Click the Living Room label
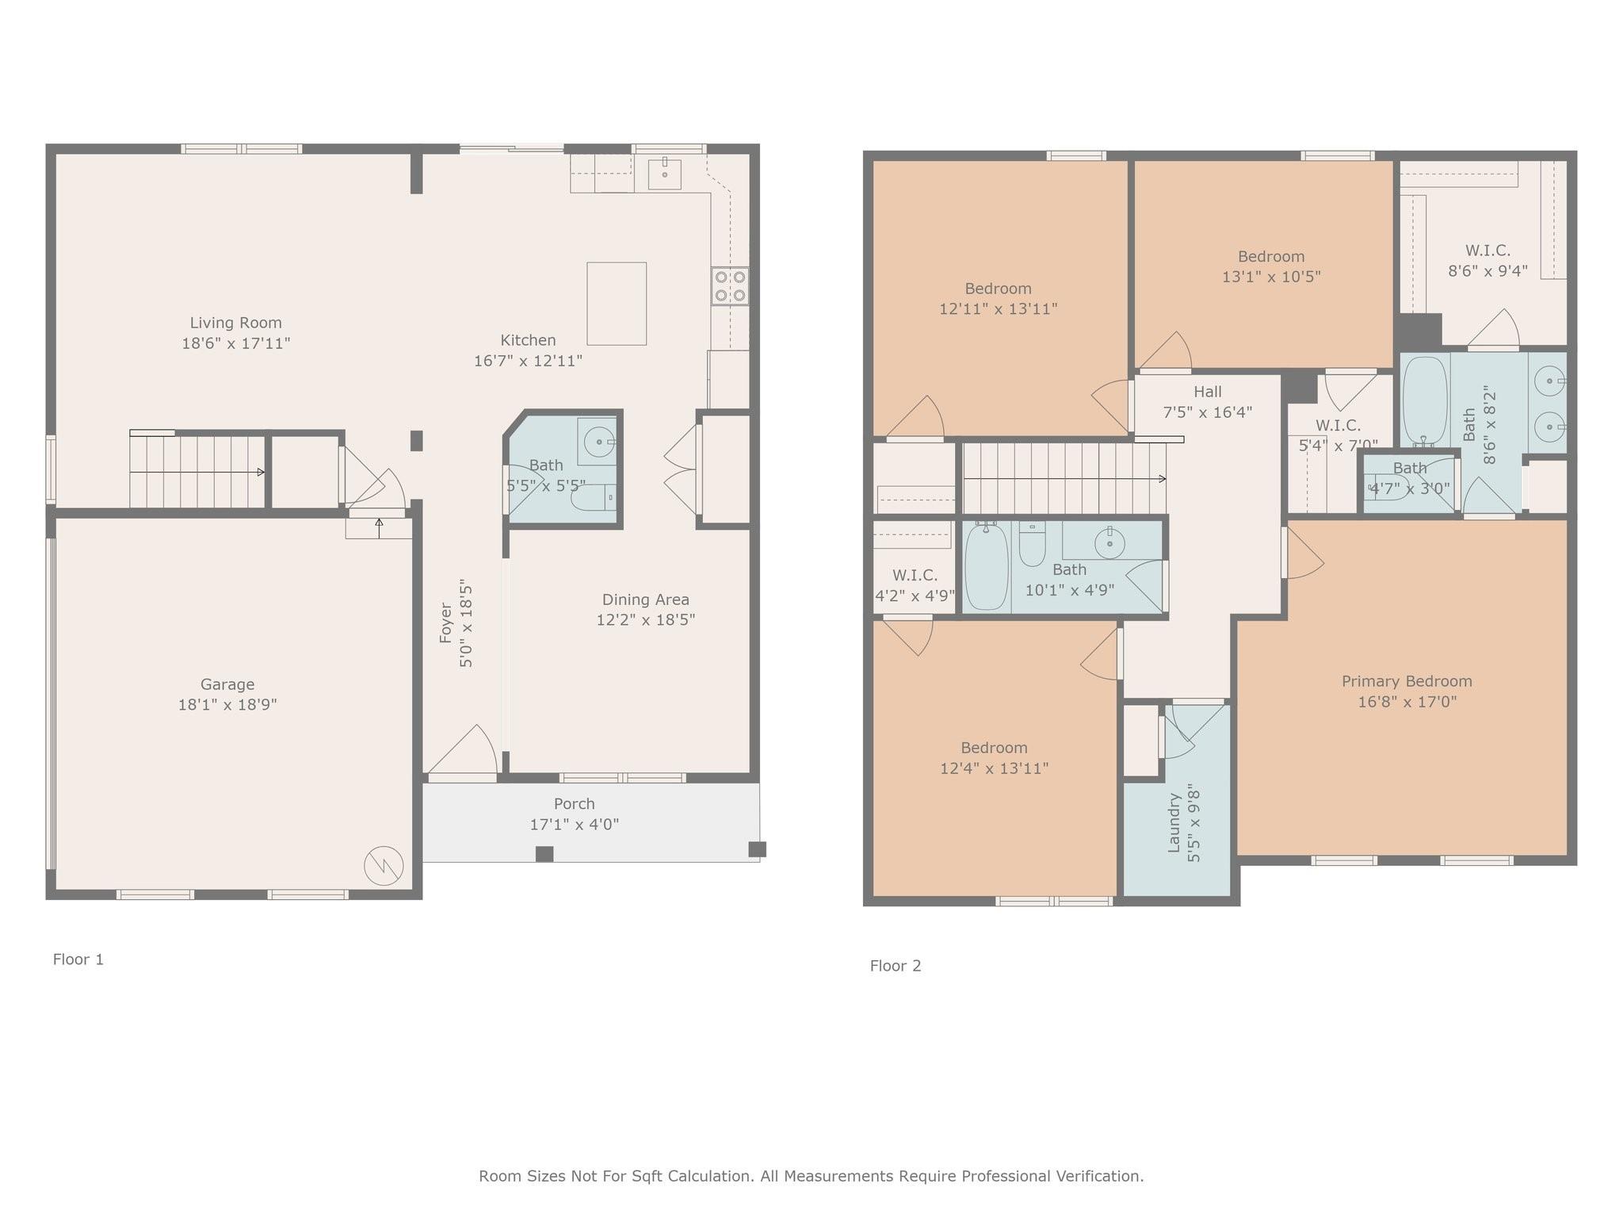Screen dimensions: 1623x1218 [235, 323]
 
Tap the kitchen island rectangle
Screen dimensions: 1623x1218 [617, 304]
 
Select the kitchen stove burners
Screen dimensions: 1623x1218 [730, 286]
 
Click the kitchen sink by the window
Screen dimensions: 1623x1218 [664, 174]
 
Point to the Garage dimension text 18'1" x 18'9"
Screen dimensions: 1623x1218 [227, 704]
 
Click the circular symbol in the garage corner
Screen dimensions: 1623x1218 [384, 866]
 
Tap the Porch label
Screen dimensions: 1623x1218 [574, 804]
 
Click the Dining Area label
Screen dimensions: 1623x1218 [645, 599]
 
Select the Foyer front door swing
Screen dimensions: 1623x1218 [463, 749]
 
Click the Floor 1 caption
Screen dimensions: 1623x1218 [78, 959]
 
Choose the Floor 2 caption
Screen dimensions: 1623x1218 [896, 966]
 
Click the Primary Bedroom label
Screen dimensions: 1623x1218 [1407, 681]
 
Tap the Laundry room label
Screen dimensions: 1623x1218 [1174, 823]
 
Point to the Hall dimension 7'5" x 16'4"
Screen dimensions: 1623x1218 [1208, 412]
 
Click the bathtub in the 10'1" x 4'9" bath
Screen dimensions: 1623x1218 [987, 565]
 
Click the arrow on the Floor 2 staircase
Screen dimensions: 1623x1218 [1065, 479]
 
